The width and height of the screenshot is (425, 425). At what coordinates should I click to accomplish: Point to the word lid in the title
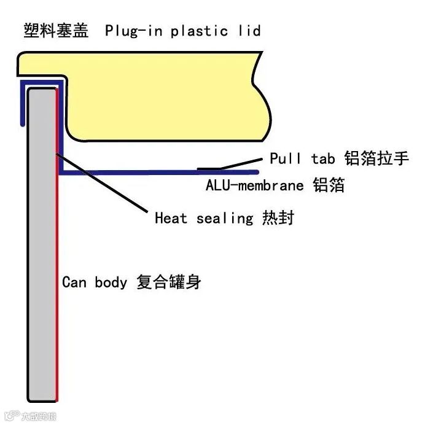[x=249, y=31]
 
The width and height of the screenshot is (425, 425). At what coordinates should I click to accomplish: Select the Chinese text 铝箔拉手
[x=376, y=158]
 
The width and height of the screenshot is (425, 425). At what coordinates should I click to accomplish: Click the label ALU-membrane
[x=254, y=185]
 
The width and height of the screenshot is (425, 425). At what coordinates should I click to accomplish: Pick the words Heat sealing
[x=203, y=218]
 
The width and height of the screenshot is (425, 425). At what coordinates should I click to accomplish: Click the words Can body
[x=95, y=283]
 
